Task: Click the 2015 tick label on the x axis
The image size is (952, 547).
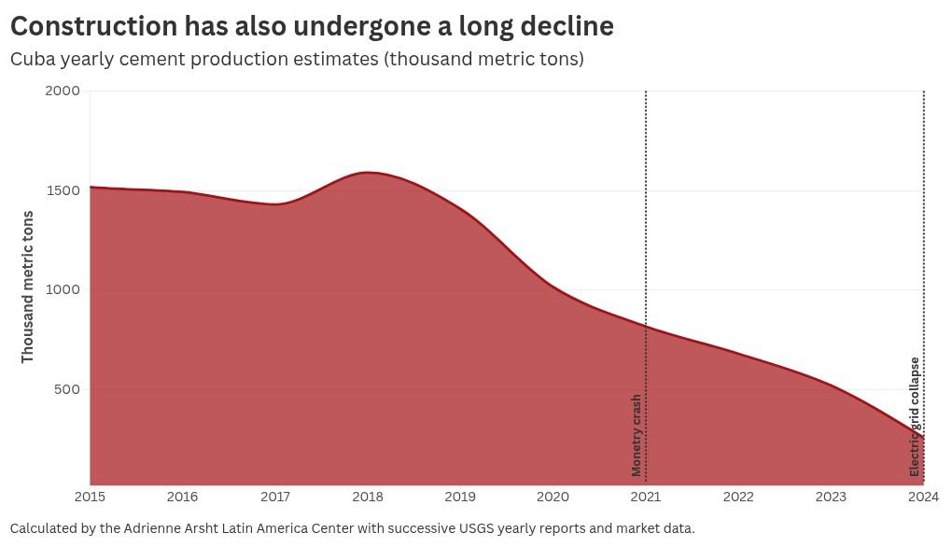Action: [x=90, y=497]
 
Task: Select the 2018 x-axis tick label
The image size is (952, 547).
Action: [x=368, y=497]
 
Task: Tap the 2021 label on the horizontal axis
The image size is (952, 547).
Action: [x=645, y=497]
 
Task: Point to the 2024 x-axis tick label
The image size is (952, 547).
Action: [x=923, y=497]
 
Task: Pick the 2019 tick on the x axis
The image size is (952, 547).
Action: [x=460, y=497]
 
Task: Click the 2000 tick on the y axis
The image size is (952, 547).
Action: [x=63, y=91]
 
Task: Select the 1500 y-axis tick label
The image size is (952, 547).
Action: [x=63, y=190]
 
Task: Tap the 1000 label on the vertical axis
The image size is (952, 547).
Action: [x=63, y=289]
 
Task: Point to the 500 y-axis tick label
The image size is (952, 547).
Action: [x=67, y=389]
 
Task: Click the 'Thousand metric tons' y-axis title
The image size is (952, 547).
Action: [x=27, y=288]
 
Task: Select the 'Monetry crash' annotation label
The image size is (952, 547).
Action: [x=637, y=435]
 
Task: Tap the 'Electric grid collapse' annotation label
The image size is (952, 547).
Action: [x=915, y=417]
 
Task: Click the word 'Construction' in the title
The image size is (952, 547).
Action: [x=94, y=26]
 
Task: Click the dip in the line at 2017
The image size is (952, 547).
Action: [x=275, y=204]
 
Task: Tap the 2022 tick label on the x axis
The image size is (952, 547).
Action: [x=738, y=497]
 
